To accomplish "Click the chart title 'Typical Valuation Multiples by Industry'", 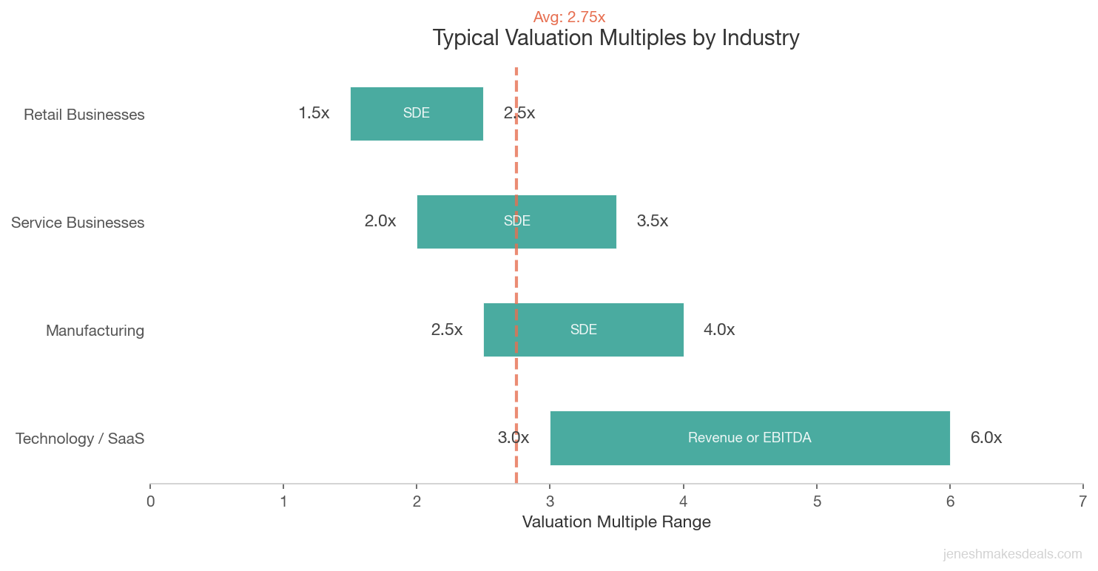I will coord(616,38).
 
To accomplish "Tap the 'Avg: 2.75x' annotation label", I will coord(569,17).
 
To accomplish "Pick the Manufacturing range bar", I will coord(629,330).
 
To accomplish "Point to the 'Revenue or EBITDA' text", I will coord(750,438).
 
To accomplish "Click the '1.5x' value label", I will coord(314,113).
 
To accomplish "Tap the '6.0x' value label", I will coord(986,438).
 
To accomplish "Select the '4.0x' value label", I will coord(718,330).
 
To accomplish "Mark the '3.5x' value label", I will coord(652,221).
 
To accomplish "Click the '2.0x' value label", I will coord(380,221).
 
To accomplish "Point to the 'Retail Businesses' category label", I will coord(84,115).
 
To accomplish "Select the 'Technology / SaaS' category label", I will coord(80,439).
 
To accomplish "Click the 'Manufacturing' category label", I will coord(95,331).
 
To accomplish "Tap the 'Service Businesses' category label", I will coord(78,223).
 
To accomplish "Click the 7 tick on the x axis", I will coord(1082,501).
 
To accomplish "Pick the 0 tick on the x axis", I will coord(150,501).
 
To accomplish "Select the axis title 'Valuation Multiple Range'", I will coord(616,522).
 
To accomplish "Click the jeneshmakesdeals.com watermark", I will coord(1012,554).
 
